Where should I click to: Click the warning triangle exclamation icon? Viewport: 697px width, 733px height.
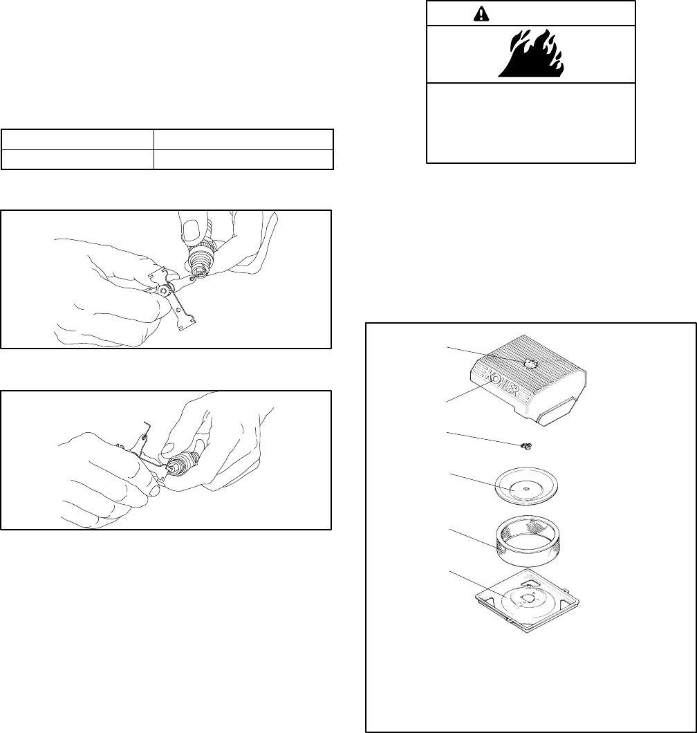(x=481, y=14)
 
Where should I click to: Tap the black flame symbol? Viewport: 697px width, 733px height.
(x=531, y=53)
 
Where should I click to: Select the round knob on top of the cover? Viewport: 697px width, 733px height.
(x=530, y=363)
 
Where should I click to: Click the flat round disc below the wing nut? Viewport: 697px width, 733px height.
(x=526, y=490)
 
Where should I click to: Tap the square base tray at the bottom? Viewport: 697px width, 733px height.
(x=528, y=600)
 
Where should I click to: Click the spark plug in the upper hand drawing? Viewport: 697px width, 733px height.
(x=200, y=254)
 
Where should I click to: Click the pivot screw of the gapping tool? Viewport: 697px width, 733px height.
(x=163, y=291)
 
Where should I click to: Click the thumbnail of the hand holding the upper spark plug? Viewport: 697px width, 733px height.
(x=191, y=232)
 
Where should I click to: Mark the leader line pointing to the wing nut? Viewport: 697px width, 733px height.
(x=484, y=439)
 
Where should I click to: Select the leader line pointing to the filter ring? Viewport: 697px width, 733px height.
(x=473, y=537)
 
